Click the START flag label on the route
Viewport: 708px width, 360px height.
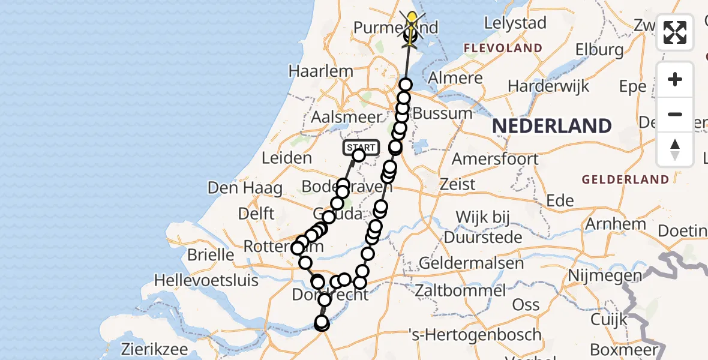coord(361,147)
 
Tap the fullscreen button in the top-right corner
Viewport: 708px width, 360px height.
coord(675,32)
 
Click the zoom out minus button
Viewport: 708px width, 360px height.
coord(675,114)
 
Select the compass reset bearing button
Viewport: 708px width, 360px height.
coord(675,149)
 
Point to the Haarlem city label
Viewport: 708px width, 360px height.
coord(320,71)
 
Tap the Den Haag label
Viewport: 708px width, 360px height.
coord(245,188)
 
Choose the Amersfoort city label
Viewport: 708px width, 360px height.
coord(495,159)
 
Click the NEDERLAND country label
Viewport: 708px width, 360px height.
coord(552,126)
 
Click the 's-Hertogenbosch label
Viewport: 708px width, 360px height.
coord(475,334)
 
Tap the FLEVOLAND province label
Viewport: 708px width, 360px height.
coord(503,48)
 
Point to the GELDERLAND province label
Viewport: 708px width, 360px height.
coord(625,179)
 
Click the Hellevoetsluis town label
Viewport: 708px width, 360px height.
coord(215,280)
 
